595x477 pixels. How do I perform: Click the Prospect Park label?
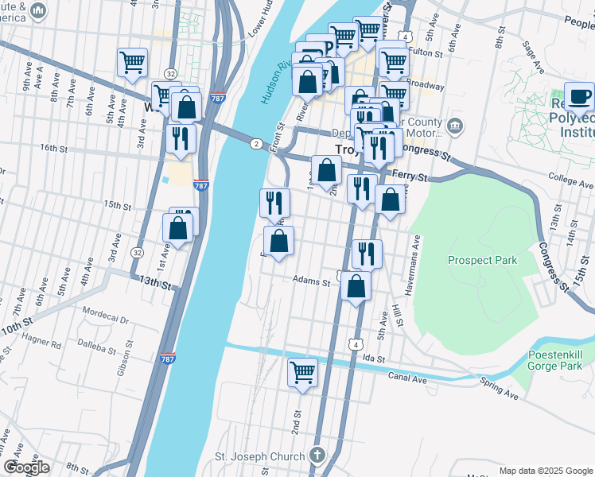[x=482, y=260]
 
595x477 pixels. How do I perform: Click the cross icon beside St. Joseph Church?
[x=317, y=456]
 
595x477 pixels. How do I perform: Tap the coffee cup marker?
[x=580, y=97]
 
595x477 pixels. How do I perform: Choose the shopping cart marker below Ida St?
[x=302, y=372]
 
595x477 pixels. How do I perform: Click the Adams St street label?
[x=311, y=280]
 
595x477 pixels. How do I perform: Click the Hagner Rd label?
[x=45, y=345]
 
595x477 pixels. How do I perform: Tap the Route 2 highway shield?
[x=255, y=143]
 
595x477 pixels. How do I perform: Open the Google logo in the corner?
[x=26, y=467]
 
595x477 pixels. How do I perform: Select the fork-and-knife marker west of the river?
[x=181, y=138]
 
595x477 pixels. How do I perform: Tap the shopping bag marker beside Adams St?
[x=356, y=286]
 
